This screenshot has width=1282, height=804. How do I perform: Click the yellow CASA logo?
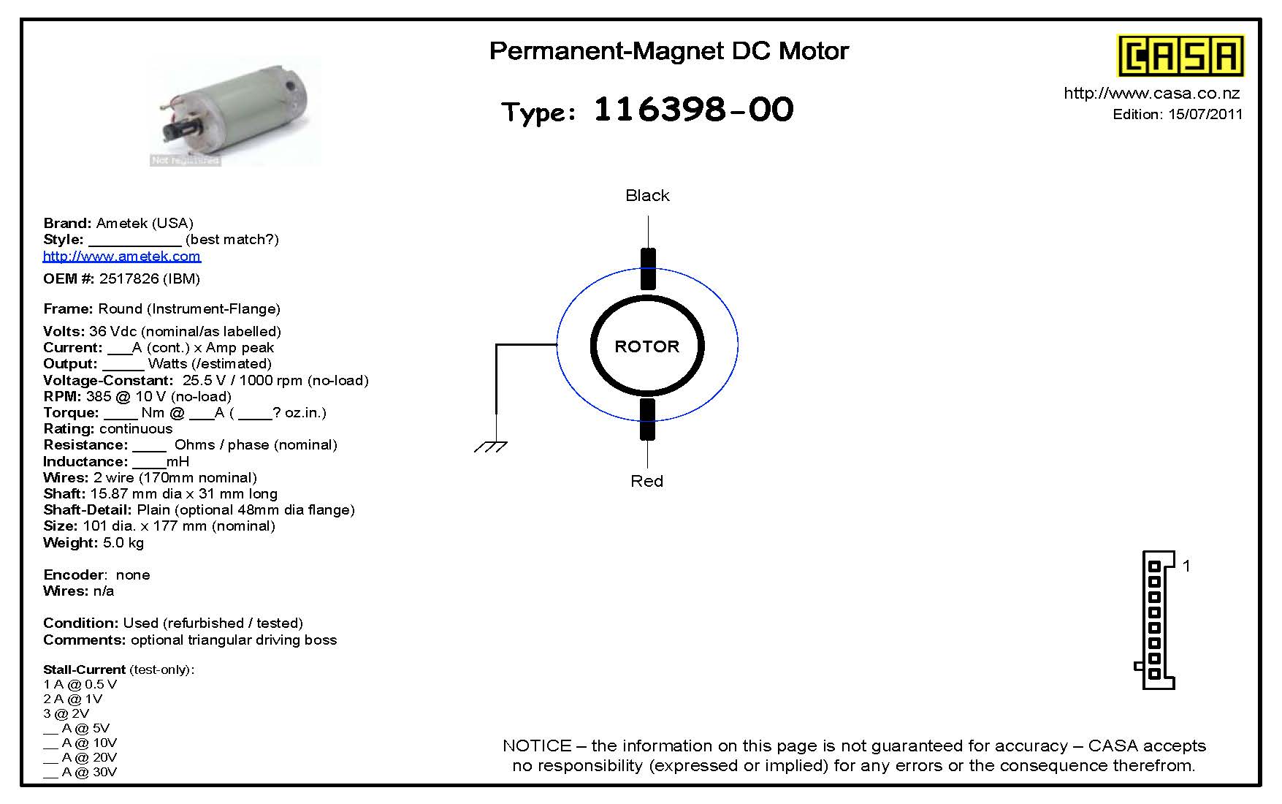pyautogui.click(x=1180, y=56)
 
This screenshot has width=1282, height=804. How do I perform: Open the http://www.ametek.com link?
pyautogui.click(x=121, y=256)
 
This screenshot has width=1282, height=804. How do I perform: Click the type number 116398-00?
pyautogui.click(x=693, y=110)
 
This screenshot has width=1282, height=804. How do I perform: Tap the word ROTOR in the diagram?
pyautogui.click(x=647, y=346)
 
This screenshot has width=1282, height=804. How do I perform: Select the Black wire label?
pyautogui.click(x=647, y=195)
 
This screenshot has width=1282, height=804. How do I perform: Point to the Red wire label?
pyautogui.click(x=646, y=481)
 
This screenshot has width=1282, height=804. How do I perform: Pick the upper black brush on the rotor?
pyautogui.click(x=648, y=269)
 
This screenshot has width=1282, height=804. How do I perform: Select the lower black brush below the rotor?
pyautogui.click(x=648, y=420)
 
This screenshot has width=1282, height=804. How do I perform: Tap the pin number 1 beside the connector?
pyautogui.click(x=1186, y=566)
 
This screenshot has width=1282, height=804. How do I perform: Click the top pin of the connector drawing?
pyautogui.click(x=1154, y=566)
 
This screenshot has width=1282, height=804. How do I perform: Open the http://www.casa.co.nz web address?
pyautogui.click(x=1152, y=93)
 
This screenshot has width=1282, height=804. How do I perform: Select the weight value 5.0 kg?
pyautogui.click(x=123, y=542)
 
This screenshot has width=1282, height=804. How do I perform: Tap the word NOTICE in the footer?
pyautogui.click(x=537, y=746)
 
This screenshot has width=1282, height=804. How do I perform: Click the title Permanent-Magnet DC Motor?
pyautogui.click(x=669, y=51)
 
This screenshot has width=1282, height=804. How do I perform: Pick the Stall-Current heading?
pyautogui.click(x=84, y=670)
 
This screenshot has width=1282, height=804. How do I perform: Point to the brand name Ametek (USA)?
pyautogui.click(x=145, y=223)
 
